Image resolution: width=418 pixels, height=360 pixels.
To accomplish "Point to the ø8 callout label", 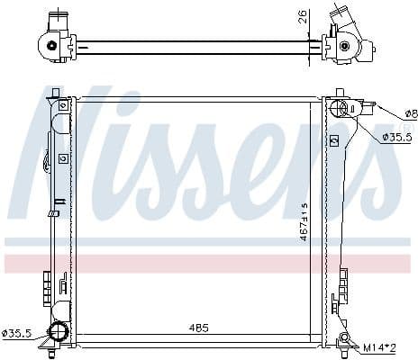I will (410, 113).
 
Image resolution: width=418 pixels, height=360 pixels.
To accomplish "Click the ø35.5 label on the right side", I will (396, 137).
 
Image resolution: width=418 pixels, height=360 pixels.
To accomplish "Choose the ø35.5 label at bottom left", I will (16, 333).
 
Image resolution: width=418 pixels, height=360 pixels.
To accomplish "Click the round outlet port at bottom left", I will (59, 333).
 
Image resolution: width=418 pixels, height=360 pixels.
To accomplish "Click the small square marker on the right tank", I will (334, 141).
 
